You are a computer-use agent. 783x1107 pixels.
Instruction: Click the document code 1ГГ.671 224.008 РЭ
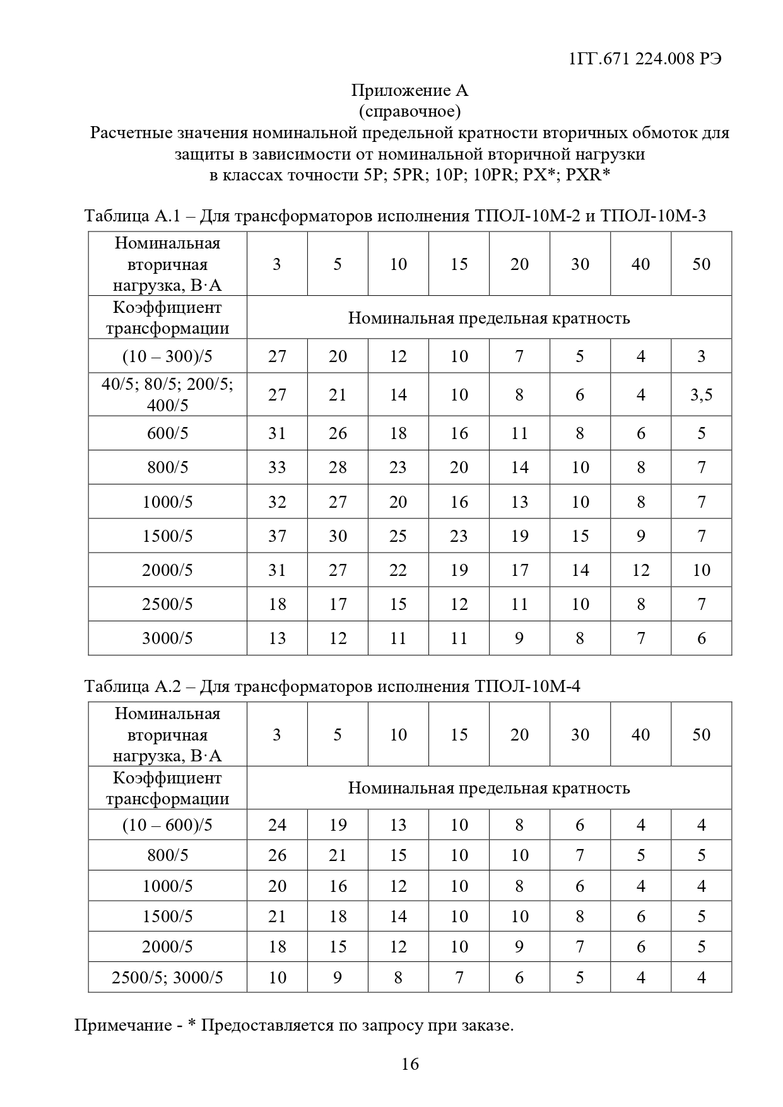tap(644, 59)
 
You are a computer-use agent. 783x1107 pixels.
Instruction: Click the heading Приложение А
tap(409, 91)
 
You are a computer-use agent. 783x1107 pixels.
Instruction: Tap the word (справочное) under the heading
tap(409, 112)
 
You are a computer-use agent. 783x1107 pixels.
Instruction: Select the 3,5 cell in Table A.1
tap(701, 395)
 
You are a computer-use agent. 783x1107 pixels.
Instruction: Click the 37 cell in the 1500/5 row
tap(277, 536)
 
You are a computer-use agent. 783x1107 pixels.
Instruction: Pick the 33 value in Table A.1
tap(277, 467)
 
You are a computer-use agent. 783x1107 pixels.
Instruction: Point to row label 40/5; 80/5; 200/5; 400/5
tap(167, 394)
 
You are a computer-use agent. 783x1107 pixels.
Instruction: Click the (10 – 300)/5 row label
tap(167, 356)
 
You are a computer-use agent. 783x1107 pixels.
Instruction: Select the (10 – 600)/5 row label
tap(167, 825)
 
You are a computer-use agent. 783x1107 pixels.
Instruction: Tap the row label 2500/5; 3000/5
tap(167, 978)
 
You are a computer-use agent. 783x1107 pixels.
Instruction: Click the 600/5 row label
tap(167, 433)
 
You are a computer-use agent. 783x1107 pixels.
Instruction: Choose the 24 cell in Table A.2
tap(277, 825)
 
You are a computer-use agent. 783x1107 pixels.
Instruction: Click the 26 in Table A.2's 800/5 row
tap(277, 855)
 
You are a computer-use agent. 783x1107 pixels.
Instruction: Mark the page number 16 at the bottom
tap(410, 1064)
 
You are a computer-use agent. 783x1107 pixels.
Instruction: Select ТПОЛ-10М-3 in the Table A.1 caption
tap(652, 216)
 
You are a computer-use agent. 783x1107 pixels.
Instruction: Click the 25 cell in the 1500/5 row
tap(398, 536)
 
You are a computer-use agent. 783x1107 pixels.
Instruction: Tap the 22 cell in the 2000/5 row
tap(398, 570)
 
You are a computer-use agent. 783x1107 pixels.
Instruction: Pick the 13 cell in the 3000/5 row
tap(277, 638)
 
